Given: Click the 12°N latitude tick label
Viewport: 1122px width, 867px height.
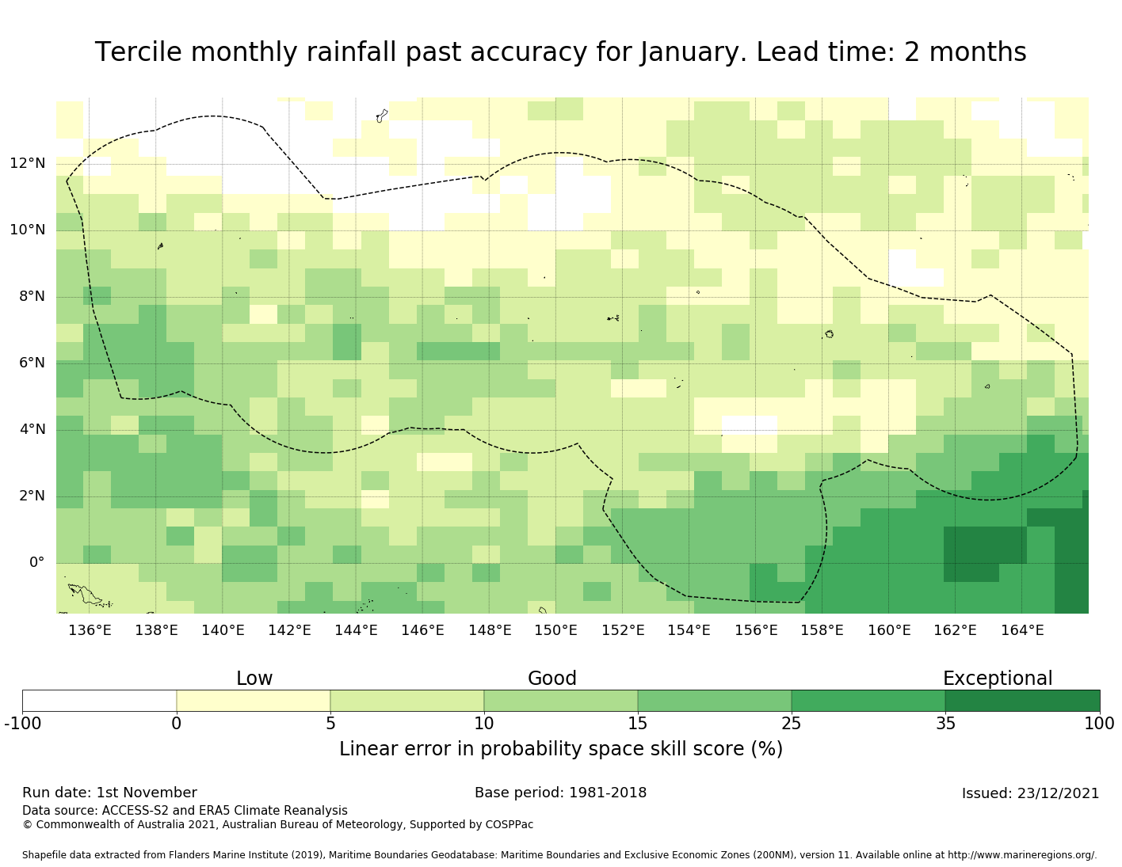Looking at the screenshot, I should pos(27,164).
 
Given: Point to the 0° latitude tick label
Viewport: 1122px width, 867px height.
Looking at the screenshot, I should pos(36,563).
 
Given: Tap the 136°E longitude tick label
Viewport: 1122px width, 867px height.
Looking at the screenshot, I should pos(90,631).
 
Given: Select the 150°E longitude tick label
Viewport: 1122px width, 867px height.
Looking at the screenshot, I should pos(555,631).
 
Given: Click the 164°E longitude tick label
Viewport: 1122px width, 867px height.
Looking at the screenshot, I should pos(1022,631).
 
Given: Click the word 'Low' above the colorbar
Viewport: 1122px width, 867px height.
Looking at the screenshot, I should pos(254,679).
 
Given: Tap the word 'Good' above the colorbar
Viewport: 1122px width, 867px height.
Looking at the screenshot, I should pos(552,679).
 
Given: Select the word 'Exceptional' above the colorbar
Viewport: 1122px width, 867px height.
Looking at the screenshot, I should pos(998,679).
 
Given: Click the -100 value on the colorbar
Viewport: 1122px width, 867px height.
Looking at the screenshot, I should pos(22,723).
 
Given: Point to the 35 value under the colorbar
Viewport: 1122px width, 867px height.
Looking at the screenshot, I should pos(945,723).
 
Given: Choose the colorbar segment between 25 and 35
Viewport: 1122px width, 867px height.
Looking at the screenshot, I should pos(868,701).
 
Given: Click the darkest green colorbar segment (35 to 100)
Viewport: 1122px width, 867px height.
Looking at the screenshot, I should pos(1022,701).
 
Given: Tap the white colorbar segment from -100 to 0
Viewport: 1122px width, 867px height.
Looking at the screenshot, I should pos(99,701).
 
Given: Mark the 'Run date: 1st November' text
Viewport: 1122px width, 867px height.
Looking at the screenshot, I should pos(109,793).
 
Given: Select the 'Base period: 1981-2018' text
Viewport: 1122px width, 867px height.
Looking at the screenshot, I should pos(560,793).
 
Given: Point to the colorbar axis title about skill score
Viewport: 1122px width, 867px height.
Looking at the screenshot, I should pos(560,749).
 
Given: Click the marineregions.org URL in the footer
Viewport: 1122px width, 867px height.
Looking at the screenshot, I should pos(1022,855).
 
